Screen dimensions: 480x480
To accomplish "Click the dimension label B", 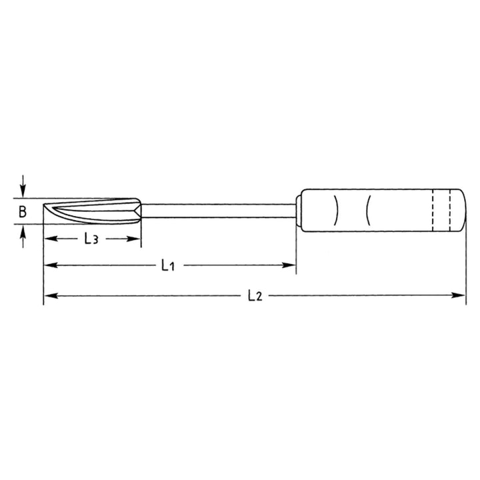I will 22,213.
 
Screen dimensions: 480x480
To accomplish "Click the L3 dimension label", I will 92,239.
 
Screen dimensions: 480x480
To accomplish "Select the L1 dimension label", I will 167,265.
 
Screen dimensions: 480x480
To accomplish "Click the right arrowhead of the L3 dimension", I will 135,238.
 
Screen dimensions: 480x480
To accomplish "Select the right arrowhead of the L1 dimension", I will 291,265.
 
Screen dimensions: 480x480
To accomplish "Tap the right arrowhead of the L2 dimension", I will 461,294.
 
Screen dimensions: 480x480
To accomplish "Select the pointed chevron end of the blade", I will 137,211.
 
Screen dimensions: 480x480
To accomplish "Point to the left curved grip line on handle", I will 337,211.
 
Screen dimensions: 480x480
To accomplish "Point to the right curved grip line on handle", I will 369,211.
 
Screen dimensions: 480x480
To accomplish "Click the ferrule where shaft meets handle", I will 299,211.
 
